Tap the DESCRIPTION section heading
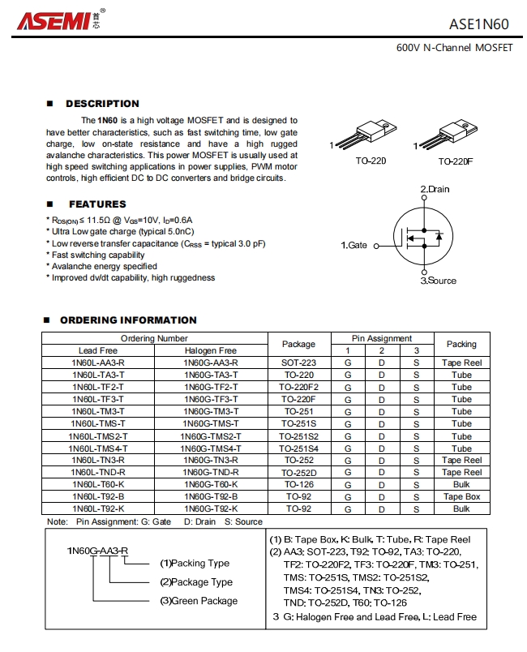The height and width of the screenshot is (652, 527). coord(102,104)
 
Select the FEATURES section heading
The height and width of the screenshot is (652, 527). coord(97,204)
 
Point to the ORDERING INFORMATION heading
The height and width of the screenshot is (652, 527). coord(128,320)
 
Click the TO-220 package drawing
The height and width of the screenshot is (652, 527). coord(366,133)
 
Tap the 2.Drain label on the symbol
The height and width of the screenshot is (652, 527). coord(435,189)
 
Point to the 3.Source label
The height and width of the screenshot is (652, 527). coord(439,281)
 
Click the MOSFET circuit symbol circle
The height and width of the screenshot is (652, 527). coord(422,236)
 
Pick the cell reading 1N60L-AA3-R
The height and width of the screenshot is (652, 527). coord(98,362)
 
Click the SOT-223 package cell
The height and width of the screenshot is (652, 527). coord(298,362)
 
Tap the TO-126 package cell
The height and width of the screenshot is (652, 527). coord(298,484)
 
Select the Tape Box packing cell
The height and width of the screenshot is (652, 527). coord(461,496)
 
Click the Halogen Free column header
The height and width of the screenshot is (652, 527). coord(211,350)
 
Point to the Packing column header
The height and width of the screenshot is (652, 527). coord(461,344)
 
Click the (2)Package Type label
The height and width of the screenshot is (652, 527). coord(196,582)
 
